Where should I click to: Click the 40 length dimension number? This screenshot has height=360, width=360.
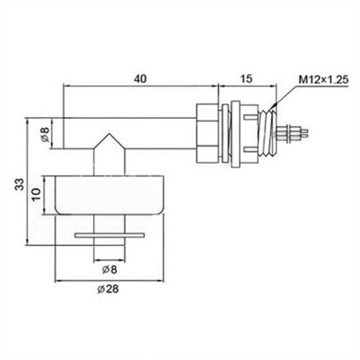click(x=140, y=78)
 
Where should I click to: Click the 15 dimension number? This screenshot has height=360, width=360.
click(x=246, y=78)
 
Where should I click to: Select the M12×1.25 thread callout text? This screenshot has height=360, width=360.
click(x=324, y=80)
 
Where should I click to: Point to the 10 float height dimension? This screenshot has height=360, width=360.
click(x=37, y=194)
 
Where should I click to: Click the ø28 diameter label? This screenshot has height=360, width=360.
click(x=108, y=289)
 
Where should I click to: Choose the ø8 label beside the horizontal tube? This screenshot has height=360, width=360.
click(x=45, y=134)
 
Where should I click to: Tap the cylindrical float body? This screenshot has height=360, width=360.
click(x=108, y=194)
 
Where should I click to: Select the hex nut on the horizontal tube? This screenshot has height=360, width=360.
click(x=207, y=133)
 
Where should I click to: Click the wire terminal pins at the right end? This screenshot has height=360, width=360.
click(x=295, y=133)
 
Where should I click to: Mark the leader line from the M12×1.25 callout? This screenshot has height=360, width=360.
click(x=286, y=95)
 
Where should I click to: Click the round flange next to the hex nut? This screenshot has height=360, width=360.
click(x=234, y=133)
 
